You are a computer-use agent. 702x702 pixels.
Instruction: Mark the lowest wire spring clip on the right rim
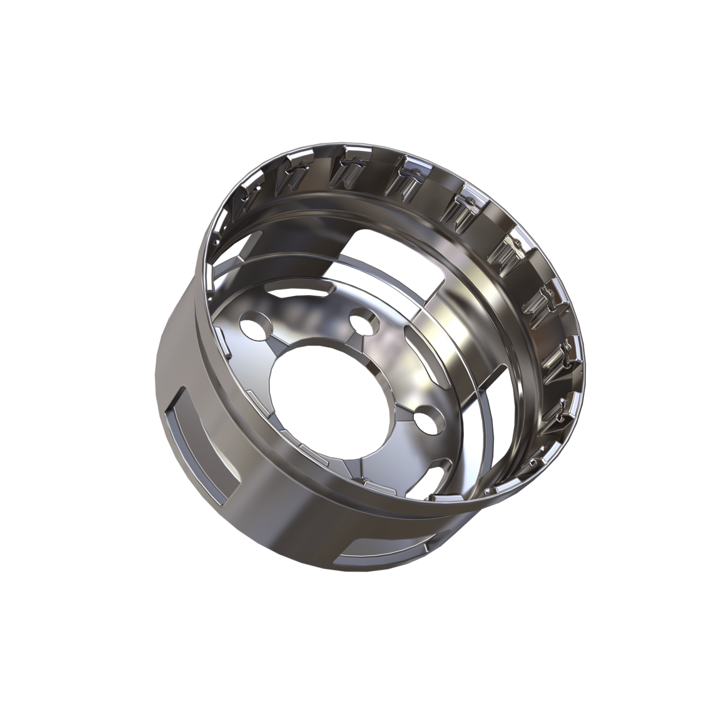point(560,411)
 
